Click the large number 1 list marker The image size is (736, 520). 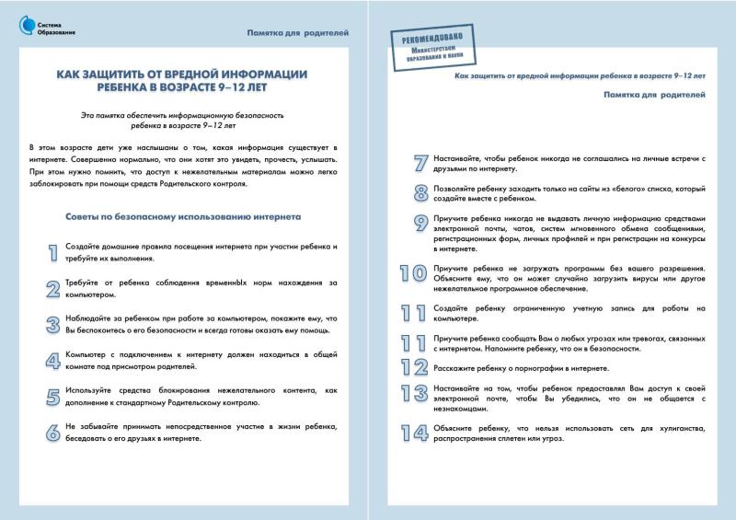[x=52, y=252]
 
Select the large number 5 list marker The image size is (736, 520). [x=52, y=397]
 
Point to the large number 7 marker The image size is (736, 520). [x=420, y=164]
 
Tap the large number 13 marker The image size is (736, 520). [x=413, y=396]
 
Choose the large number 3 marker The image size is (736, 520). [x=52, y=324]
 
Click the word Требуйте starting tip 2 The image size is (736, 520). [x=84, y=283]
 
